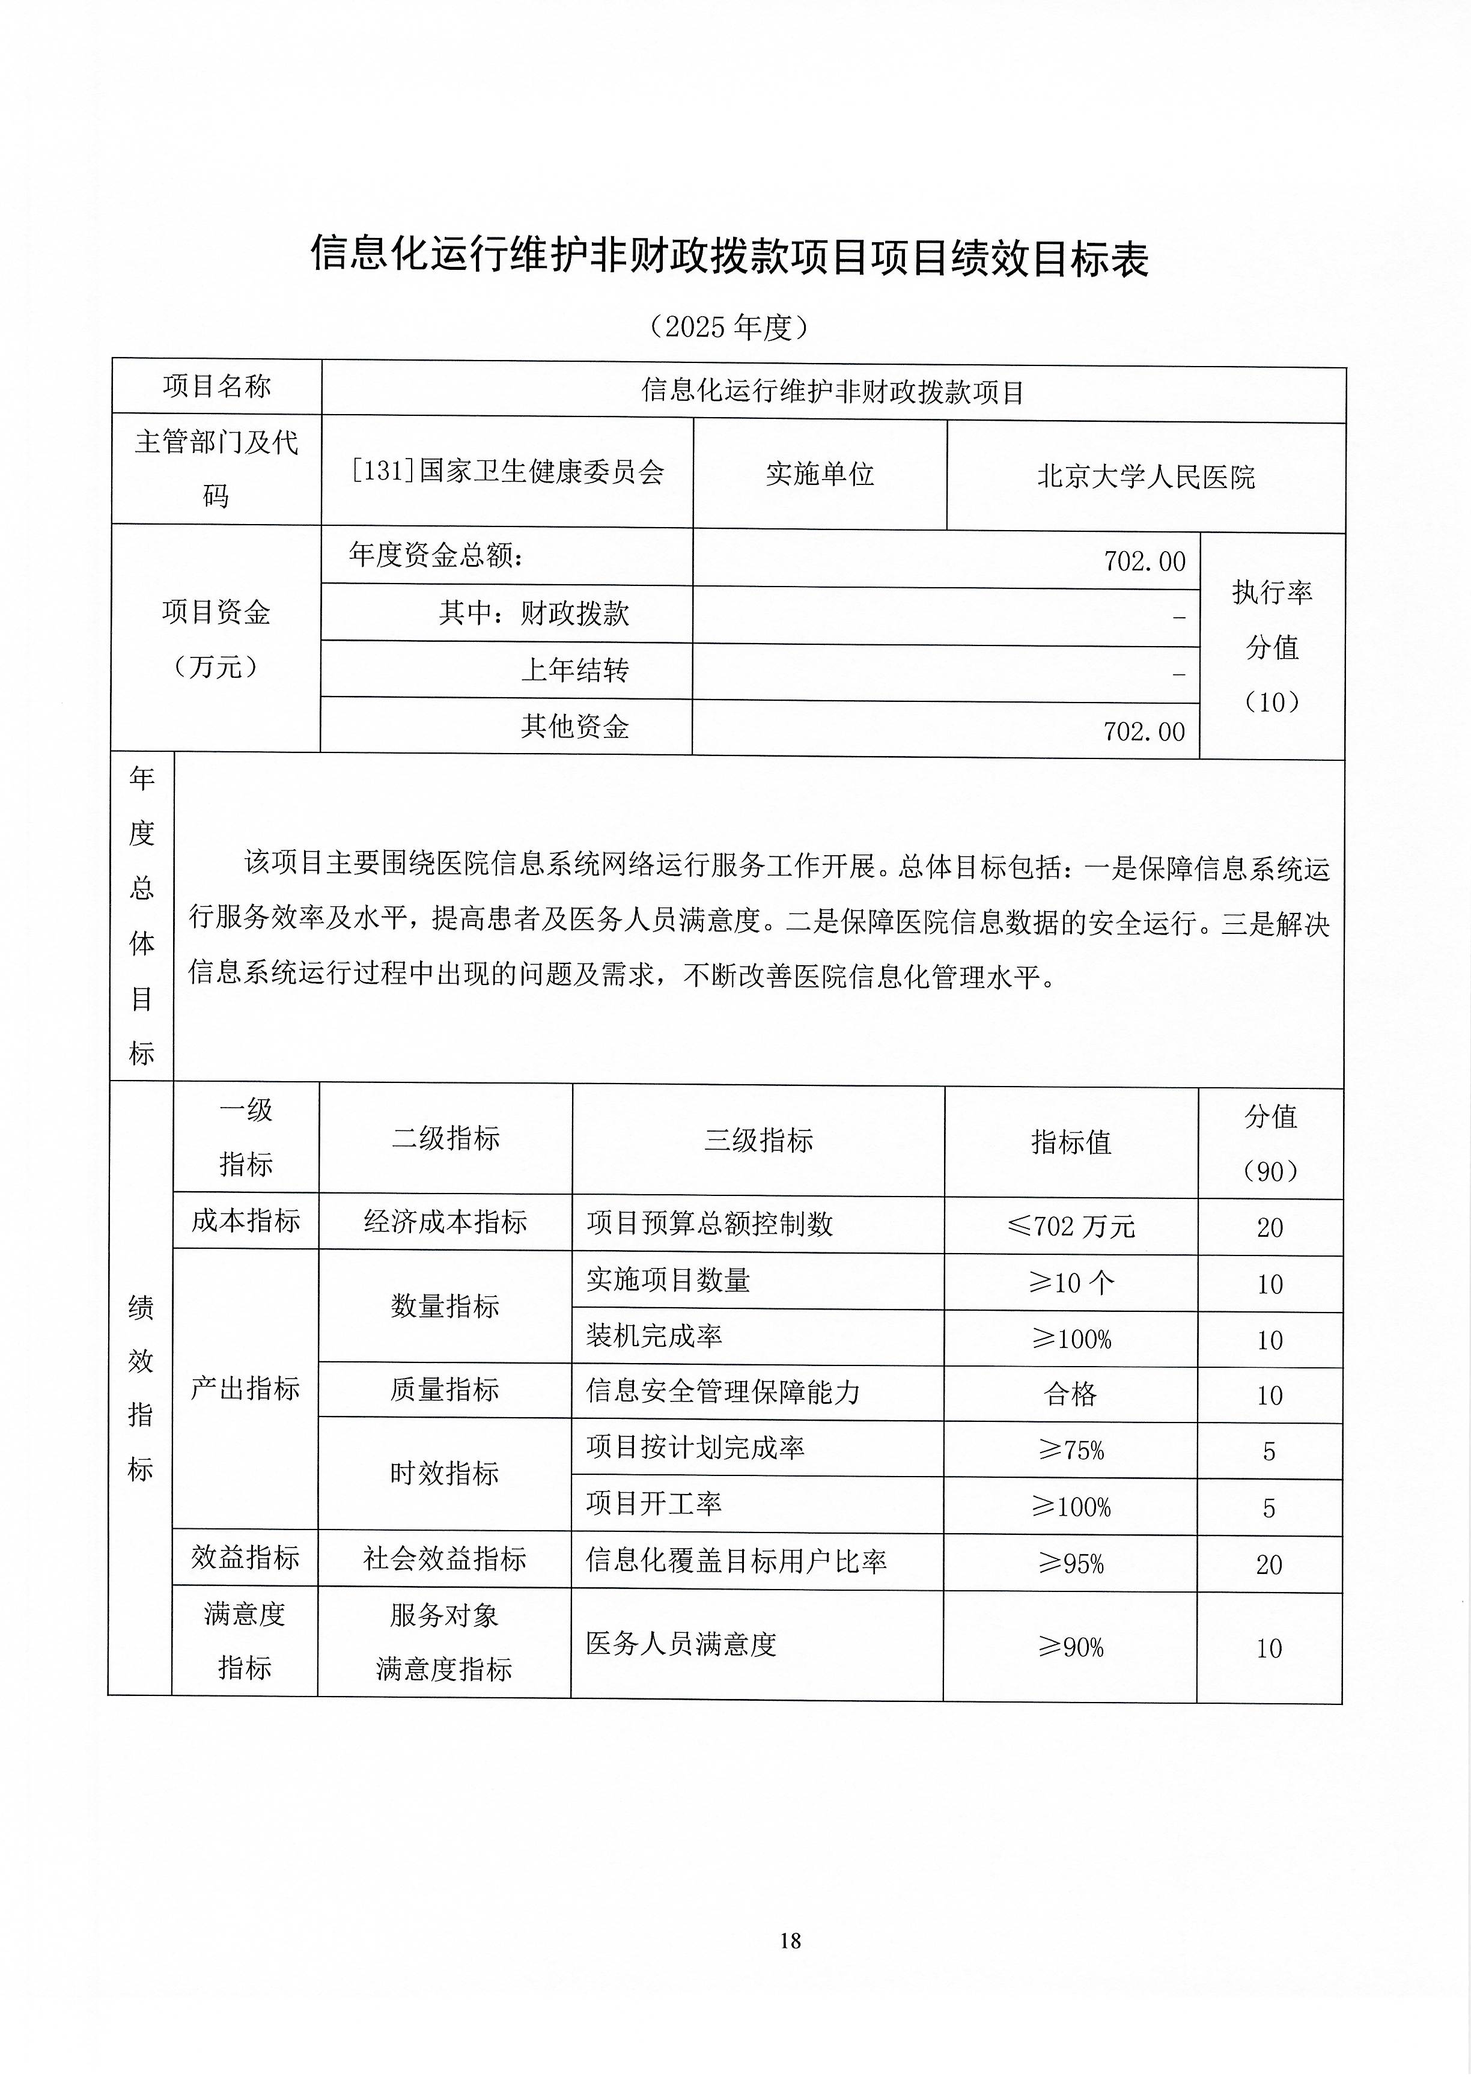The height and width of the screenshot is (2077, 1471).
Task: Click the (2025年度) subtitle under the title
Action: pyautogui.click(x=729, y=326)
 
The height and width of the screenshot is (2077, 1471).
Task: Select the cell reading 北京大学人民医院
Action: pyautogui.click(x=1146, y=477)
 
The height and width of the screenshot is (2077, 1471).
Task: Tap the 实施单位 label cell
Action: pyautogui.click(x=820, y=474)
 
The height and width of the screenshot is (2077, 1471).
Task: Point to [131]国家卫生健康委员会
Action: pyautogui.click(x=507, y=471)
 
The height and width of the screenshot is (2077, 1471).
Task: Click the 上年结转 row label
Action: pyautogui.click(x=574, y=670)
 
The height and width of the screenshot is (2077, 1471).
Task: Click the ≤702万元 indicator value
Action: pyautogui.click(x=1071, y=1227)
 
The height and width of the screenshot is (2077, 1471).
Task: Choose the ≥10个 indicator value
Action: pyautogui.click(x=1071, y=1282)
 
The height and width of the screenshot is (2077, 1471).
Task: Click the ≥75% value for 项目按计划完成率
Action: pyautogui.click(x=1071, y=1450)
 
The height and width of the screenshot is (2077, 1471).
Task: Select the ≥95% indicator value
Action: pyautogui.click(x=1071, y=1563)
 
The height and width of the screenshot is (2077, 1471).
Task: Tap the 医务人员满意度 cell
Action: pyautogui.click(x=681, y=1644)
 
